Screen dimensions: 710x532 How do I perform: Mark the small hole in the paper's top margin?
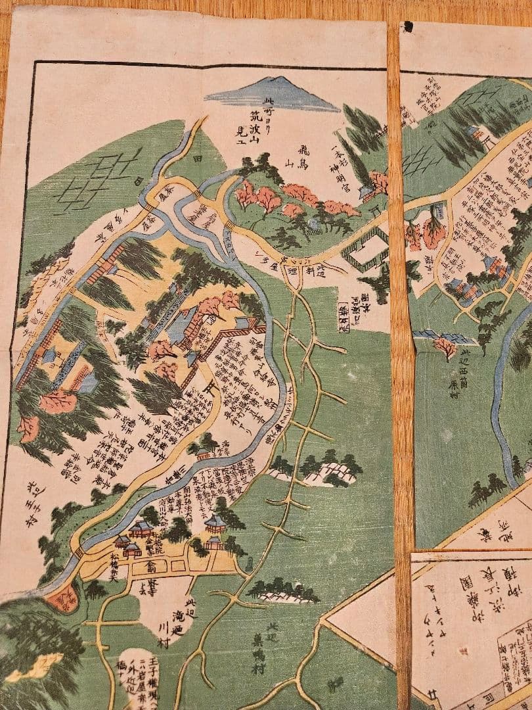(x=407, y=26)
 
